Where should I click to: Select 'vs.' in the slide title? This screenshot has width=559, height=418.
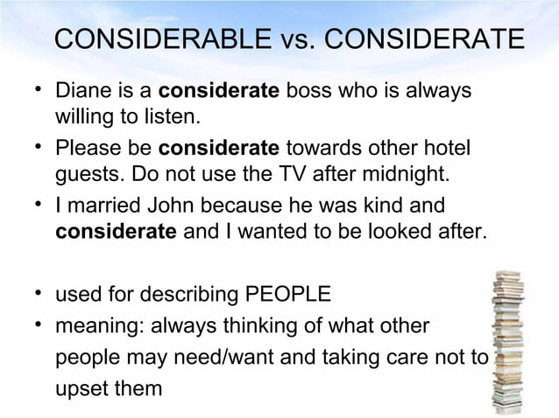pos(288,41)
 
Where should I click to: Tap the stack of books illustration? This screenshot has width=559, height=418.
pos(508,340)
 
